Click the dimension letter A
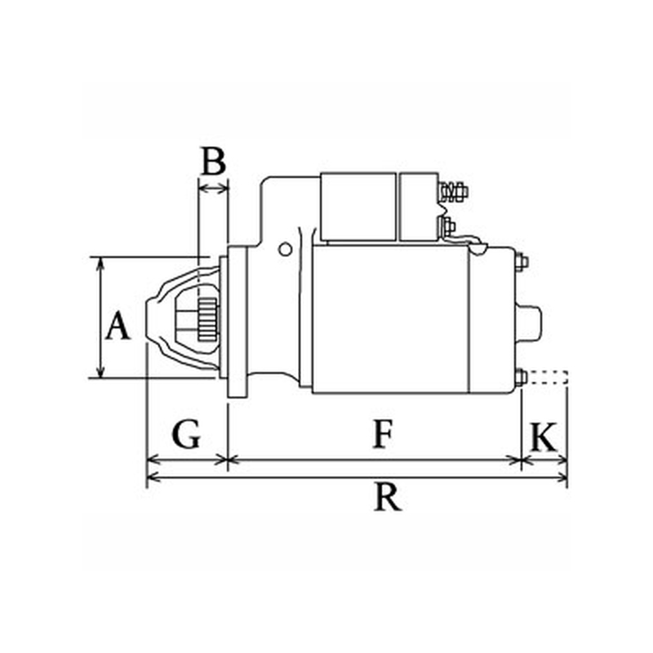[118, 325]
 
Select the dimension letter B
[213, 160]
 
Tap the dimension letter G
[186, 434]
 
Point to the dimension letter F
[383, 434]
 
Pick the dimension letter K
[544, 438]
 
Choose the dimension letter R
[387, 496]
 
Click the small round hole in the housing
[285, 250]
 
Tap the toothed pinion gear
[207, 318]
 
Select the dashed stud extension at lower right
[547, 377]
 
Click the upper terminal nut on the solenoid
[455, 191]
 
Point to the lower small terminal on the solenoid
[447, 226]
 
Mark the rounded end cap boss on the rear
[528, 322]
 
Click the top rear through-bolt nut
[522, 262]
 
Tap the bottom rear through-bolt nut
[522, 377]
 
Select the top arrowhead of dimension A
[100, 263]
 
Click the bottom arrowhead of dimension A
[100, 372]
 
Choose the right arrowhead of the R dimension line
[561, 478]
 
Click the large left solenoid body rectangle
[358, 207]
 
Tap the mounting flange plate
[237, 322]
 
